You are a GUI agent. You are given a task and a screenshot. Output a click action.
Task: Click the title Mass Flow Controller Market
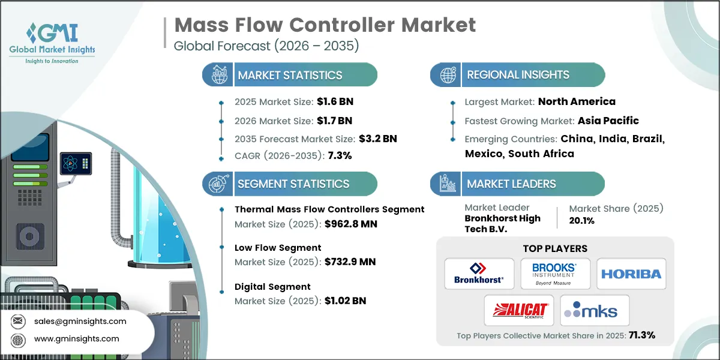[325, 25]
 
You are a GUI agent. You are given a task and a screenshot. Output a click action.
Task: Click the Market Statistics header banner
[290, 75]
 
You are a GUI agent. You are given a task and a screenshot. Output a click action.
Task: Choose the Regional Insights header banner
[518, 75]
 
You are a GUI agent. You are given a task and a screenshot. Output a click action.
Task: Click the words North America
[577, 101]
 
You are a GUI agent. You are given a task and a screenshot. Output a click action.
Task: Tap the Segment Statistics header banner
[290, 184]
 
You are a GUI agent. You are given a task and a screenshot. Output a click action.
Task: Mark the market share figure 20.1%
[581, 221]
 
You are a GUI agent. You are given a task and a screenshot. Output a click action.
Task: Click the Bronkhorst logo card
[479, 274]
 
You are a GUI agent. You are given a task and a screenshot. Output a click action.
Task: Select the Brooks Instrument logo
[555, 274]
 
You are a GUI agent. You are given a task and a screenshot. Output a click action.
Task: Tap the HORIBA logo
[631, 274]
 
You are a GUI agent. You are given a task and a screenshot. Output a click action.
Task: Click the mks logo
[594, 310]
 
